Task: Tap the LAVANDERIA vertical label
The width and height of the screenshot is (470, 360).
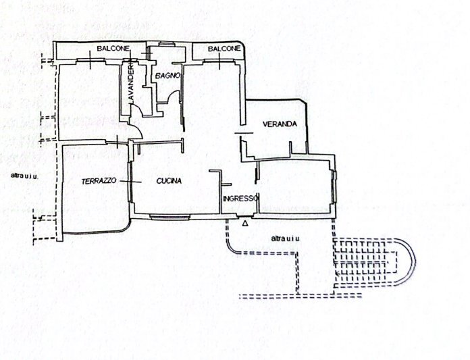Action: pos(131,82)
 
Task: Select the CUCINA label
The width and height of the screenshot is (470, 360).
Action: pos(169,181)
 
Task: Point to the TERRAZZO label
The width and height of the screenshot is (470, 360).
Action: pos(99,181)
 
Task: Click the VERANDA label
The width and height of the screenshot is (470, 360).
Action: pos(280,124)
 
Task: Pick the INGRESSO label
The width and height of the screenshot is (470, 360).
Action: pos(240,199)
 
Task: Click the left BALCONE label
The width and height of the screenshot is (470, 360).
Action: pos(113,48)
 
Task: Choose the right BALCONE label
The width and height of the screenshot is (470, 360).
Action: pos(224,49)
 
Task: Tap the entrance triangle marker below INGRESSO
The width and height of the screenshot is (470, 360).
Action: pos(245,224)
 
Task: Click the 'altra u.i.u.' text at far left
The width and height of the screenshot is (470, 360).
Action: pos(24,176)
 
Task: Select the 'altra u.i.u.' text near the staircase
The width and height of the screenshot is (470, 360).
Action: pos(286,238)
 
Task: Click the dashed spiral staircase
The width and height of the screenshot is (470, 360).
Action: pos(374,263)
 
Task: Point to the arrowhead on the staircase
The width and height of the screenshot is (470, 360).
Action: pos(337,273)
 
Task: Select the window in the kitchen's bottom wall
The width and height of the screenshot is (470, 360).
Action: pos(170,217)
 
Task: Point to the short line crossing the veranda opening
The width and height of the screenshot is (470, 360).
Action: pos(244,132)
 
